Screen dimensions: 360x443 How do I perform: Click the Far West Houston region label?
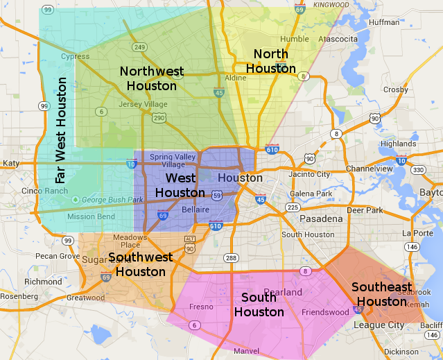(62, 130)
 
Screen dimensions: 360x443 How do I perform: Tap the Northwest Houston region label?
(152, 78)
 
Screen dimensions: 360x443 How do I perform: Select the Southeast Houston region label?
(381, 294)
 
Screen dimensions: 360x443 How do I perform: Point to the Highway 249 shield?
(139, 47)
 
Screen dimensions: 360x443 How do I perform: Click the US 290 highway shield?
(159, 118)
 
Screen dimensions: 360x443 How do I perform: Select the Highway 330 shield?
(417, 170)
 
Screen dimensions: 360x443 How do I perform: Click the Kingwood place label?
(332, 5)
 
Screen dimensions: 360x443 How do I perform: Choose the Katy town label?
(12, 163)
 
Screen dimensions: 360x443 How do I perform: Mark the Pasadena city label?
(321, 218)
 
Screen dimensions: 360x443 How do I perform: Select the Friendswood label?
(325, 312)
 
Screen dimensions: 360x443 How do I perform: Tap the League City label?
(379, 325)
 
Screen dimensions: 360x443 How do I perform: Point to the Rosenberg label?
(18, 296)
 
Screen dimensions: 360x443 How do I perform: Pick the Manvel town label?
(247, 351)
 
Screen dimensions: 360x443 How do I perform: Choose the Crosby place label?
(395, 89)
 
